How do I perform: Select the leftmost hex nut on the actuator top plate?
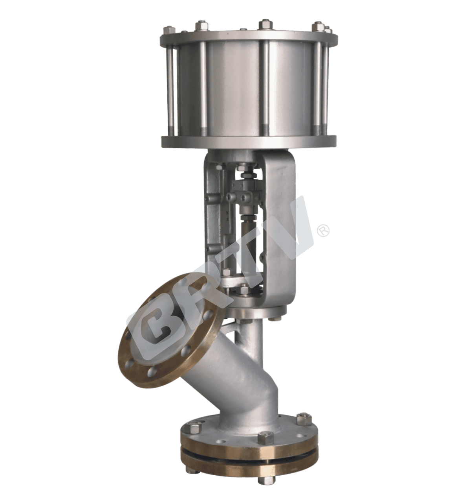(x=170, y=30)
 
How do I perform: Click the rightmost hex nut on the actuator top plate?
(x=327, y=30)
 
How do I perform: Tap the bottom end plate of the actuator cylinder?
(x=248, y=142)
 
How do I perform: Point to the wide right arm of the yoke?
(x=280, y=228)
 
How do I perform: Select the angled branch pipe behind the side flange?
(x=220, y=378)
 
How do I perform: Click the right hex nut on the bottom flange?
(x=304, y=419)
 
